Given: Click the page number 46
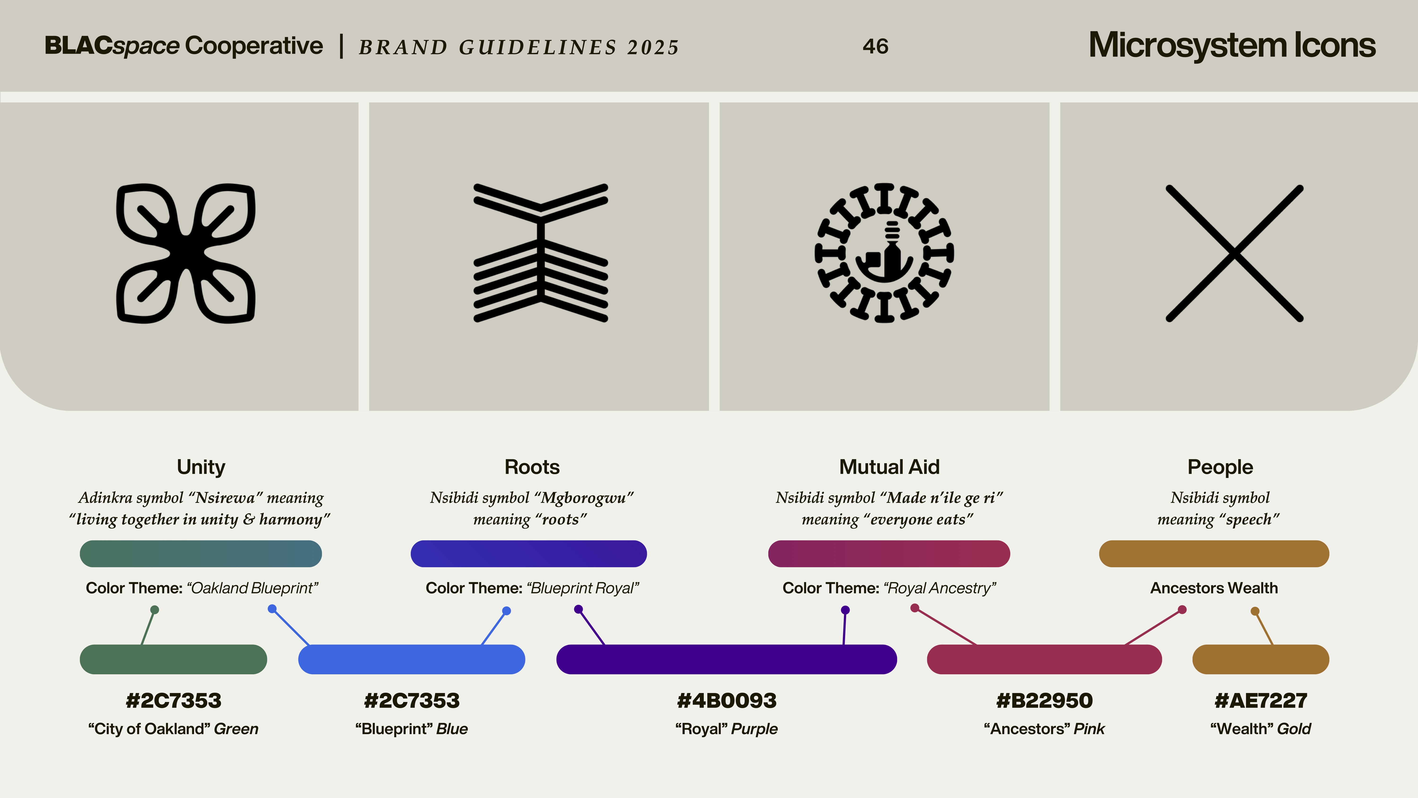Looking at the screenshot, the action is click(875, 46).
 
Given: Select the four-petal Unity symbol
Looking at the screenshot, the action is click(186, 253).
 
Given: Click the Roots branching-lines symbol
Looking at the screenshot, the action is click(540, 253).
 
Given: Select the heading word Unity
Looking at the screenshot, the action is click(201, 467).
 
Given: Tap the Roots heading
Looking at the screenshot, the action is click(532, 467).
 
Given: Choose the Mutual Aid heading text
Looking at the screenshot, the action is click(889, 467).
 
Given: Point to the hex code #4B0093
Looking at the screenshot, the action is click(727, 701).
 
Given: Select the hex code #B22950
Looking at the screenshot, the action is click(1044, 701).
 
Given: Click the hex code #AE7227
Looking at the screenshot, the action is click(1261, 701).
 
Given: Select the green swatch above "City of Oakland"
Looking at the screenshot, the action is click(173, 659).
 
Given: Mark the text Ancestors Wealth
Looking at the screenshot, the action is click(1214, 588).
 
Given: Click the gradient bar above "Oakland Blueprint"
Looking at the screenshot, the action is click(201, 553).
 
